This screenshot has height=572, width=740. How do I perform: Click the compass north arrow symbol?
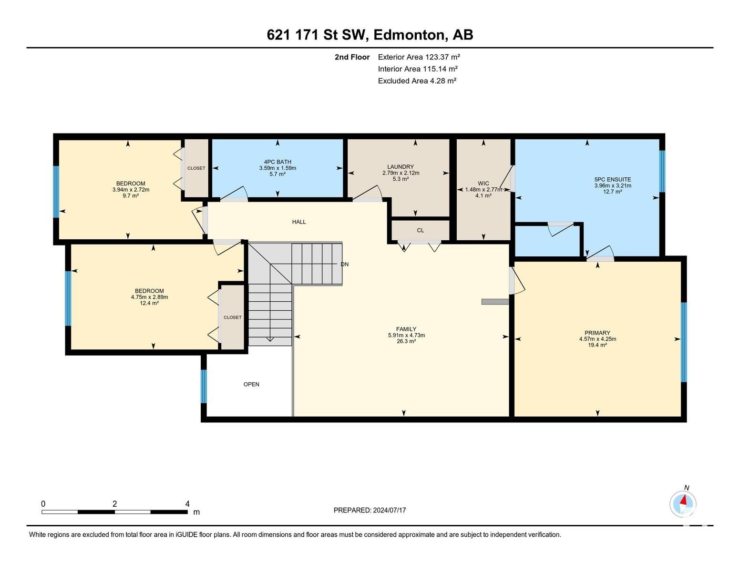[x=683, y=504]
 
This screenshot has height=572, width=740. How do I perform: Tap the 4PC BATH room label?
[x=277, y=162]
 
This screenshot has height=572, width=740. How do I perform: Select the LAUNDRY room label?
[x=401, y=167]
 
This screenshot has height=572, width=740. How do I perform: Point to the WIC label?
[x=483, y=184]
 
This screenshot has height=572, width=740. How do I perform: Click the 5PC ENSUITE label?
[x=613, y=179]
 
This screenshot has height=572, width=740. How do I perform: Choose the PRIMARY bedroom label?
[x=597, y=333]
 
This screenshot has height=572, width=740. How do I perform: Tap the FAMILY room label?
[x=406, y=329]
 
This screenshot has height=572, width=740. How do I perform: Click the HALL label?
[x=299, y=222]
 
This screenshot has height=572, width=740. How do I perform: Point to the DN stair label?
[x=345, y=264]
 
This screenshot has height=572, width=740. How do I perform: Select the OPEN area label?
[x=251, y=384]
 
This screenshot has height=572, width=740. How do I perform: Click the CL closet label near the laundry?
[x=421, y=230]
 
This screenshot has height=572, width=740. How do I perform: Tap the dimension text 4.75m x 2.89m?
[x=150, y=297]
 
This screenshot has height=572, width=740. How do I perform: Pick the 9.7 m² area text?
[x=131, y=195]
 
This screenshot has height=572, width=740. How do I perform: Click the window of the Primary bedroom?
[x=684, y=342]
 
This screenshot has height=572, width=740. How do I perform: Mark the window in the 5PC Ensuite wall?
[x=662, y=171]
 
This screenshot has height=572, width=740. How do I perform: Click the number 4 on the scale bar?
[x=187, y=504]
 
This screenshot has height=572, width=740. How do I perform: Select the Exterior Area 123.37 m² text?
[x=419, y=57]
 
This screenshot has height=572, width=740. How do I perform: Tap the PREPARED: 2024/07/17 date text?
[x=370, y=510]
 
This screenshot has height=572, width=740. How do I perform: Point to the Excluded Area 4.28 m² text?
[x=417, y=81]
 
